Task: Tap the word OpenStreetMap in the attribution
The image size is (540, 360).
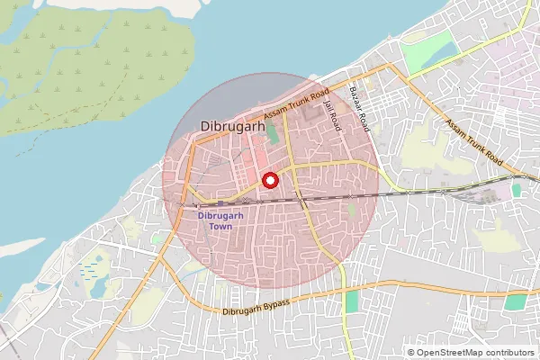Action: pyautogui.click(x=454, y=352)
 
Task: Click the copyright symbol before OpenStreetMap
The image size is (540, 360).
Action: pyautogui.click(x=411, y=352)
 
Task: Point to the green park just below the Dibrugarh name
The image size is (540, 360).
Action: pyautogui.click(x=272, y=137)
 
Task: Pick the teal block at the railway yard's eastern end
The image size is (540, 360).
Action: pyautogui.click(x=516, y=190)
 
